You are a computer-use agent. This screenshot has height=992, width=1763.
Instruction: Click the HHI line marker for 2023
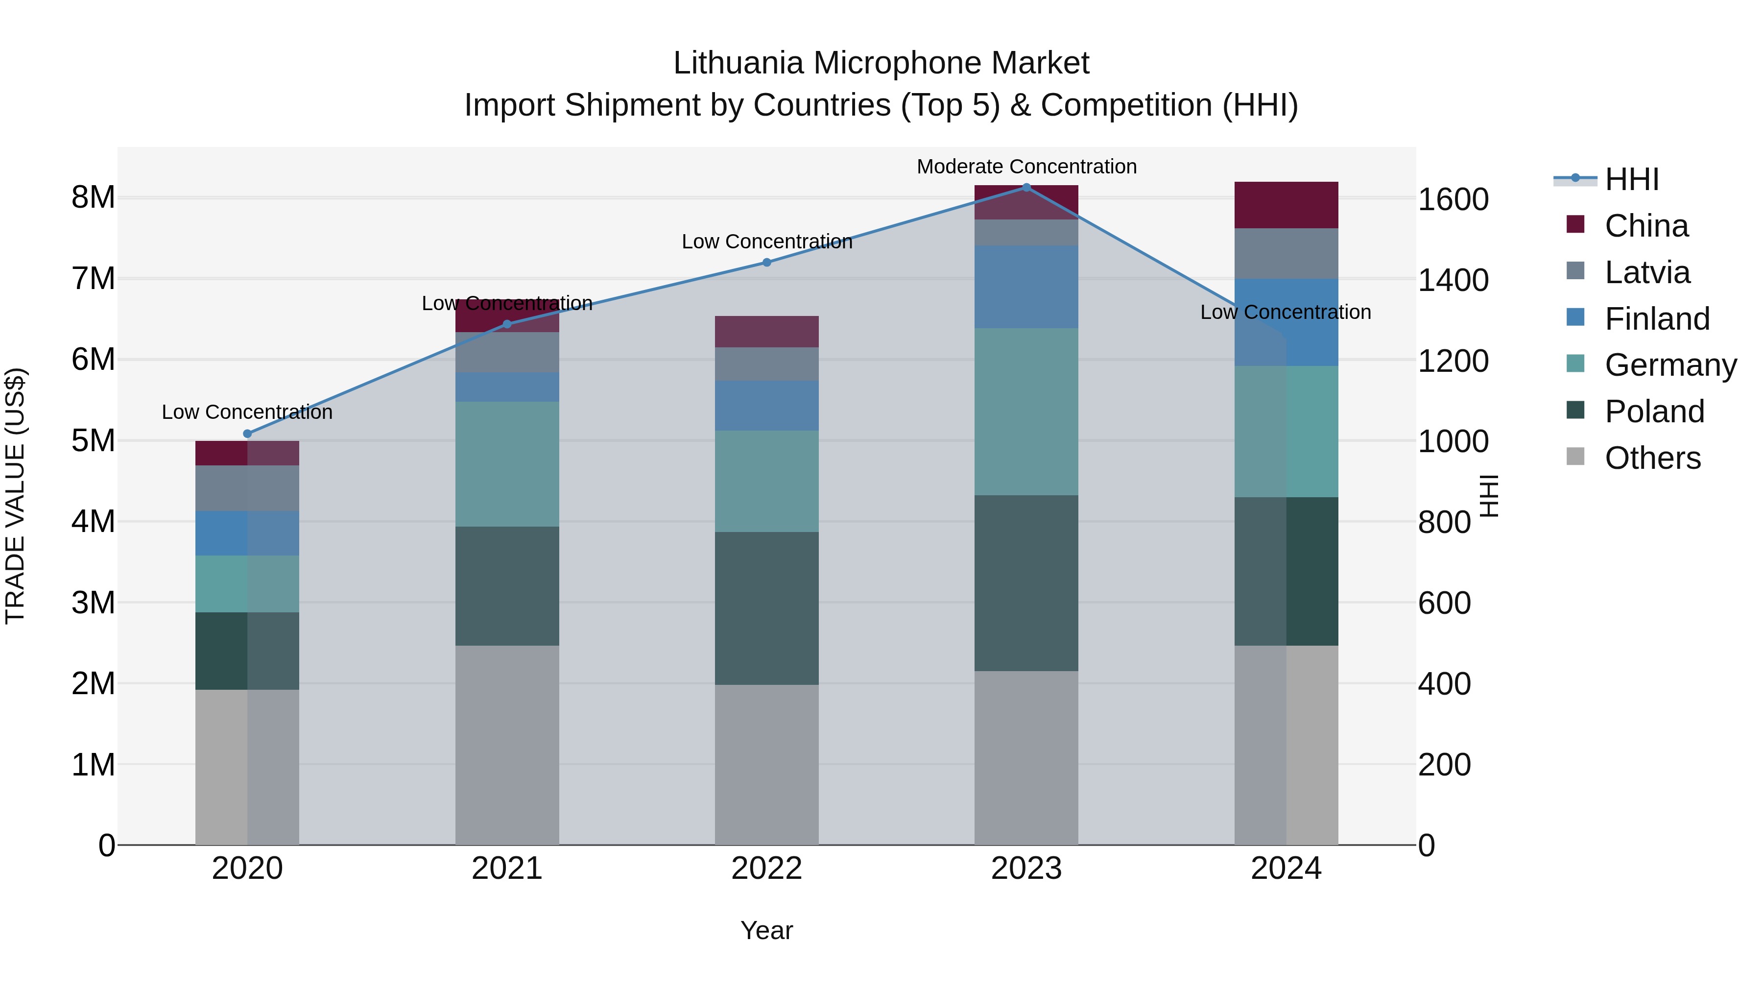click(1026, 187)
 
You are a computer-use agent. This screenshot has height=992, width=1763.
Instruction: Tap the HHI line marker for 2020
click(248, 434)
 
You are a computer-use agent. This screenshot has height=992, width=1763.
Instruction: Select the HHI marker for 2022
click(766, 262)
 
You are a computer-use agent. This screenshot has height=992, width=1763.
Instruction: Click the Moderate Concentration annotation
click(1026, 167)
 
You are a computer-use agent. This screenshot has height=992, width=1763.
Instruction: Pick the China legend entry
click(1646, 226)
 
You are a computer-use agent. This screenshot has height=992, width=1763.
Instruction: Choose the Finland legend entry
click(1656, 319)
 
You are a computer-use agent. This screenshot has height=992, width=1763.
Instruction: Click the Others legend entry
click(1652, 458)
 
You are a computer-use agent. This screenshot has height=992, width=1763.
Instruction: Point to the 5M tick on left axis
click(93, 441)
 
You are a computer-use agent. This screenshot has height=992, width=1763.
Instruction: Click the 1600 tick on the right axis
click(1453, 200)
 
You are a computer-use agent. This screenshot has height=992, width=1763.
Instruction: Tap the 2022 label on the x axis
click(766, 869)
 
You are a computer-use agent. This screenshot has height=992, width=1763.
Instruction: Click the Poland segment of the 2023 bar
click(1026, 582)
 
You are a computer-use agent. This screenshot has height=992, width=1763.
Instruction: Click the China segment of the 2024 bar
click(1286, 205)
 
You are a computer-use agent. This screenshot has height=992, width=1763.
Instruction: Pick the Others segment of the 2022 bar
click(766, 764)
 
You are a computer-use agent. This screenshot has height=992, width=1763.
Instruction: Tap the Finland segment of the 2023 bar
click(1026, 286)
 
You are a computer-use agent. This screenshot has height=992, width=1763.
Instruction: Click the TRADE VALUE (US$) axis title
click(15, 496)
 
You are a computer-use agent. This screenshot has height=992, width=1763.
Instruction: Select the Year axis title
click(766, 930)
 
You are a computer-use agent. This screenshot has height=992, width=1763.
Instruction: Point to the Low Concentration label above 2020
click(247, 412)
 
